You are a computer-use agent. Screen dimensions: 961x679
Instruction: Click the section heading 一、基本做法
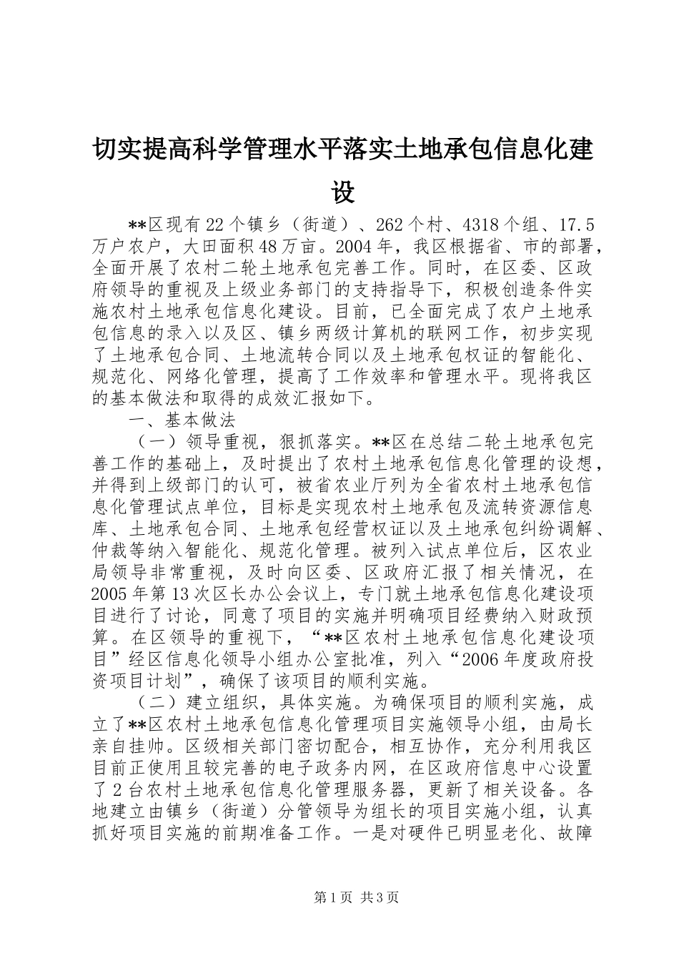click(x=182, y=419)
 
